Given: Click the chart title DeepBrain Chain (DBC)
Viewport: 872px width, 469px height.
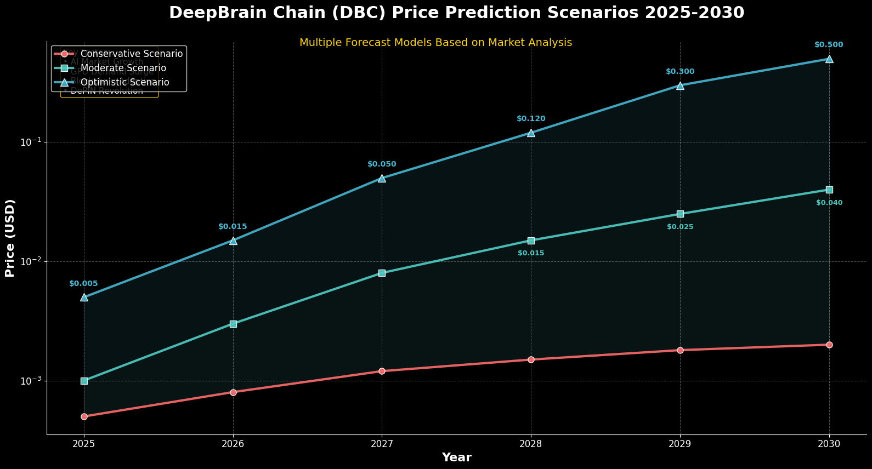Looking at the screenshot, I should tap(456, 13).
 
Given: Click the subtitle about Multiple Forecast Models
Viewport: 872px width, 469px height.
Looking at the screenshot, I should tap(435, 43).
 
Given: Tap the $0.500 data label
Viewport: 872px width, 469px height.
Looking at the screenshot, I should tap(829, 45).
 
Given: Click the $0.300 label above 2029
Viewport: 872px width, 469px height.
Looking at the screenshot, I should tap(680, 72).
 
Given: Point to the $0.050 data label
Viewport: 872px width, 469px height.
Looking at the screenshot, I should tap(382, 164).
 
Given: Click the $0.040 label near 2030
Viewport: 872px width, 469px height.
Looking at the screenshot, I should tap(829, 203).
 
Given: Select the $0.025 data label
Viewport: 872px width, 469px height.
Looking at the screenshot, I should tap(680, 227).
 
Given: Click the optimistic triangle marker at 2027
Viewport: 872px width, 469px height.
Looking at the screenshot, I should tap(382, 178).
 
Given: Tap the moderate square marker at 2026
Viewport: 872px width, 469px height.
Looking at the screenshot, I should tap(233, 324).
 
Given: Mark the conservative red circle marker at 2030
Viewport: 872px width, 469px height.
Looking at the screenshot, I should tap(829, 345).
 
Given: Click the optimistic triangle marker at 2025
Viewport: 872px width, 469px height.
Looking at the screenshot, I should tap(84, 297).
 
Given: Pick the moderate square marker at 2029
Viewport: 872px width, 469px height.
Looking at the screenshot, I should tap(680, 214).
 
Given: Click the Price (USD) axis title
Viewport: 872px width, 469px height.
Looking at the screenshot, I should tap(10, 238).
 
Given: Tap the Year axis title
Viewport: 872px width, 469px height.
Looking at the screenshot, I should tap(456, 457).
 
